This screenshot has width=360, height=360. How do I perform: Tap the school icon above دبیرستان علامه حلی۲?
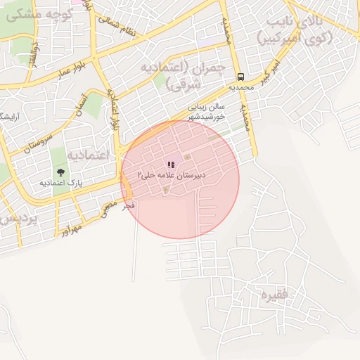pos(171,165)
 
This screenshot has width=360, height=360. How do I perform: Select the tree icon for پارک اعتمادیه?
pos(60,172)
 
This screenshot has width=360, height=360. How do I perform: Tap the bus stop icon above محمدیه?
pos(240,77)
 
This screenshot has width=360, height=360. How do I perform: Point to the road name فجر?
pos(127,206)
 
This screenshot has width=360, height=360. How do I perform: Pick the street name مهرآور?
pos(70,228)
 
